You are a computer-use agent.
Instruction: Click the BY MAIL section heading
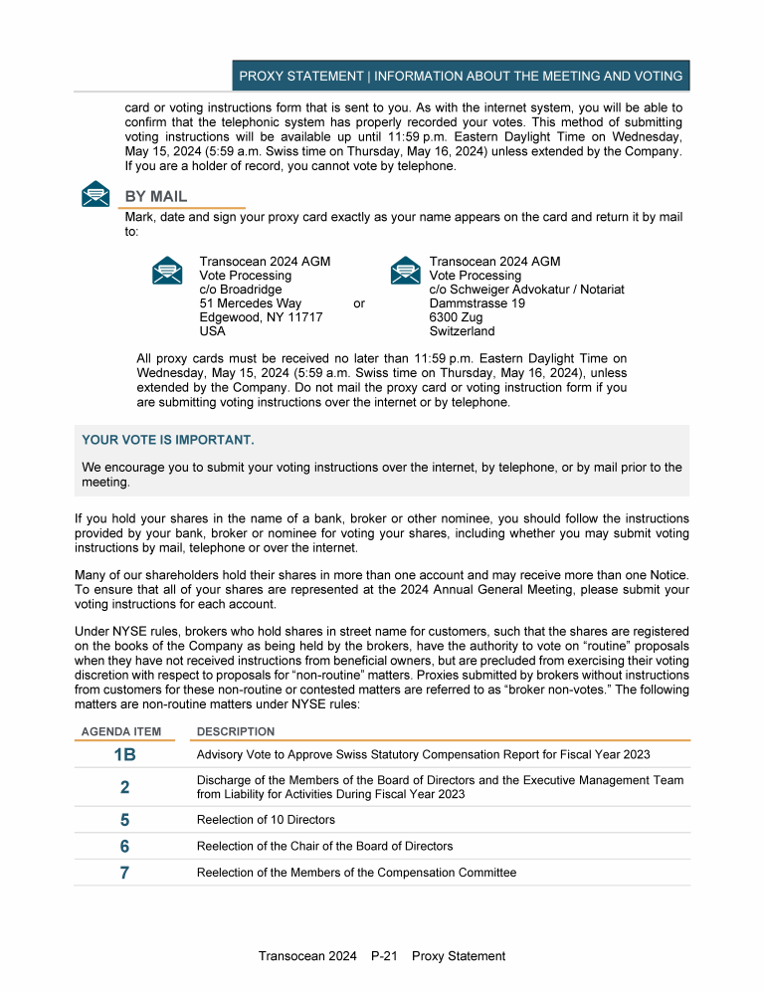click(156, 197)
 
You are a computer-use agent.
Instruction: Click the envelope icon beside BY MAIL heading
click(95, 194)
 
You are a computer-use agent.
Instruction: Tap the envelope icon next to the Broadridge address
click(167, 270)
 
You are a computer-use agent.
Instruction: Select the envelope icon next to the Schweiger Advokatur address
click(405, 270)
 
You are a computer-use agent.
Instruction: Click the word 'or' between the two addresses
click(360, 303)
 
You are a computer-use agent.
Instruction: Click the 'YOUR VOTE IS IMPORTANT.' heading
click(168, 440)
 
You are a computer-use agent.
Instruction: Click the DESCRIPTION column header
click(236, 731)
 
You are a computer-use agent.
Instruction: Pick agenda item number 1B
click(124, 755)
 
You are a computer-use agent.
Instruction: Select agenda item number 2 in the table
click(124, 787)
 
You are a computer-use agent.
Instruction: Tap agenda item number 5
click(124, 820)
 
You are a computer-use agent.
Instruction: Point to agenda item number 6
click(124, 847)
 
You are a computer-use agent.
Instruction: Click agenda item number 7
click(124, 873)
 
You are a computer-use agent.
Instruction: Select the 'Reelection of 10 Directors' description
click(266, 820)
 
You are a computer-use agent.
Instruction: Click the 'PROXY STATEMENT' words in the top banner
click(301, 76)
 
